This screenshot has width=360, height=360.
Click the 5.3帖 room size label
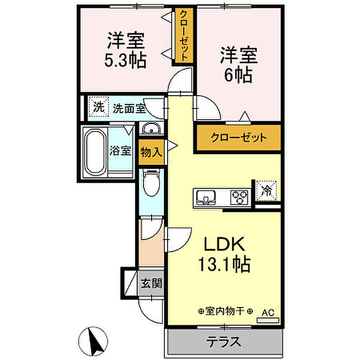click(x=125, y=60)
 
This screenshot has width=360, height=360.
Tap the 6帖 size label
click(x=239, y=75)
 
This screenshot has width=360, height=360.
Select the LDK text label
click(x=224, y=244)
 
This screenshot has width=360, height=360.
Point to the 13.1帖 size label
click(x=224, y=264)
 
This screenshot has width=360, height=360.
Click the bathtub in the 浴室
click(x=95, y=152)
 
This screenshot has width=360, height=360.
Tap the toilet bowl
click(x=151, y=183)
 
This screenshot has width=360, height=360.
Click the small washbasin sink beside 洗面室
click(x=151, y=129)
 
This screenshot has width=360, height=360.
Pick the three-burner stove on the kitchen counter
click(x=240, y=197)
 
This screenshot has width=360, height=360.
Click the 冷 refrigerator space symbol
click(x=266, y=191)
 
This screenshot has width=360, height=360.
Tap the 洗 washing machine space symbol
click(x=99, y=107)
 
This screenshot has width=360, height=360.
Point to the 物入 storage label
click(x=151, y=152)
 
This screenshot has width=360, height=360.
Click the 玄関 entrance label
click(x=151, y=283)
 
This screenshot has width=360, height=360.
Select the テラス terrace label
click(x=224, y=341)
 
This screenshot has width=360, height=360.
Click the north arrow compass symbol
click(x=93, y=341)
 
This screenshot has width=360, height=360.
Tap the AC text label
click(x=268, y=313)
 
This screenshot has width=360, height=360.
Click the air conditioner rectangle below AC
click(x=268, y=320)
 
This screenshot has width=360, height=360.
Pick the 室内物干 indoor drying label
click(x=225, y=311)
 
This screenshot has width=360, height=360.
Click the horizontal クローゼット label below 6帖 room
click(x=239, y=137)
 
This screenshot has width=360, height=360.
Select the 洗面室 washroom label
click(x=129, y=109)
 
